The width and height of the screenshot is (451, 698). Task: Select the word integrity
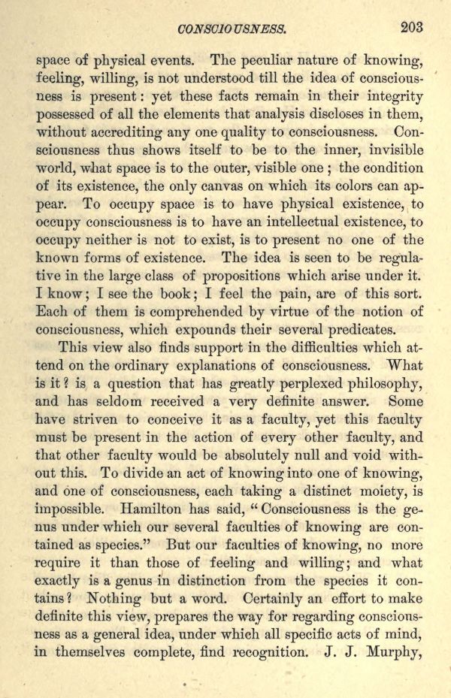[x=390, y=96]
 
